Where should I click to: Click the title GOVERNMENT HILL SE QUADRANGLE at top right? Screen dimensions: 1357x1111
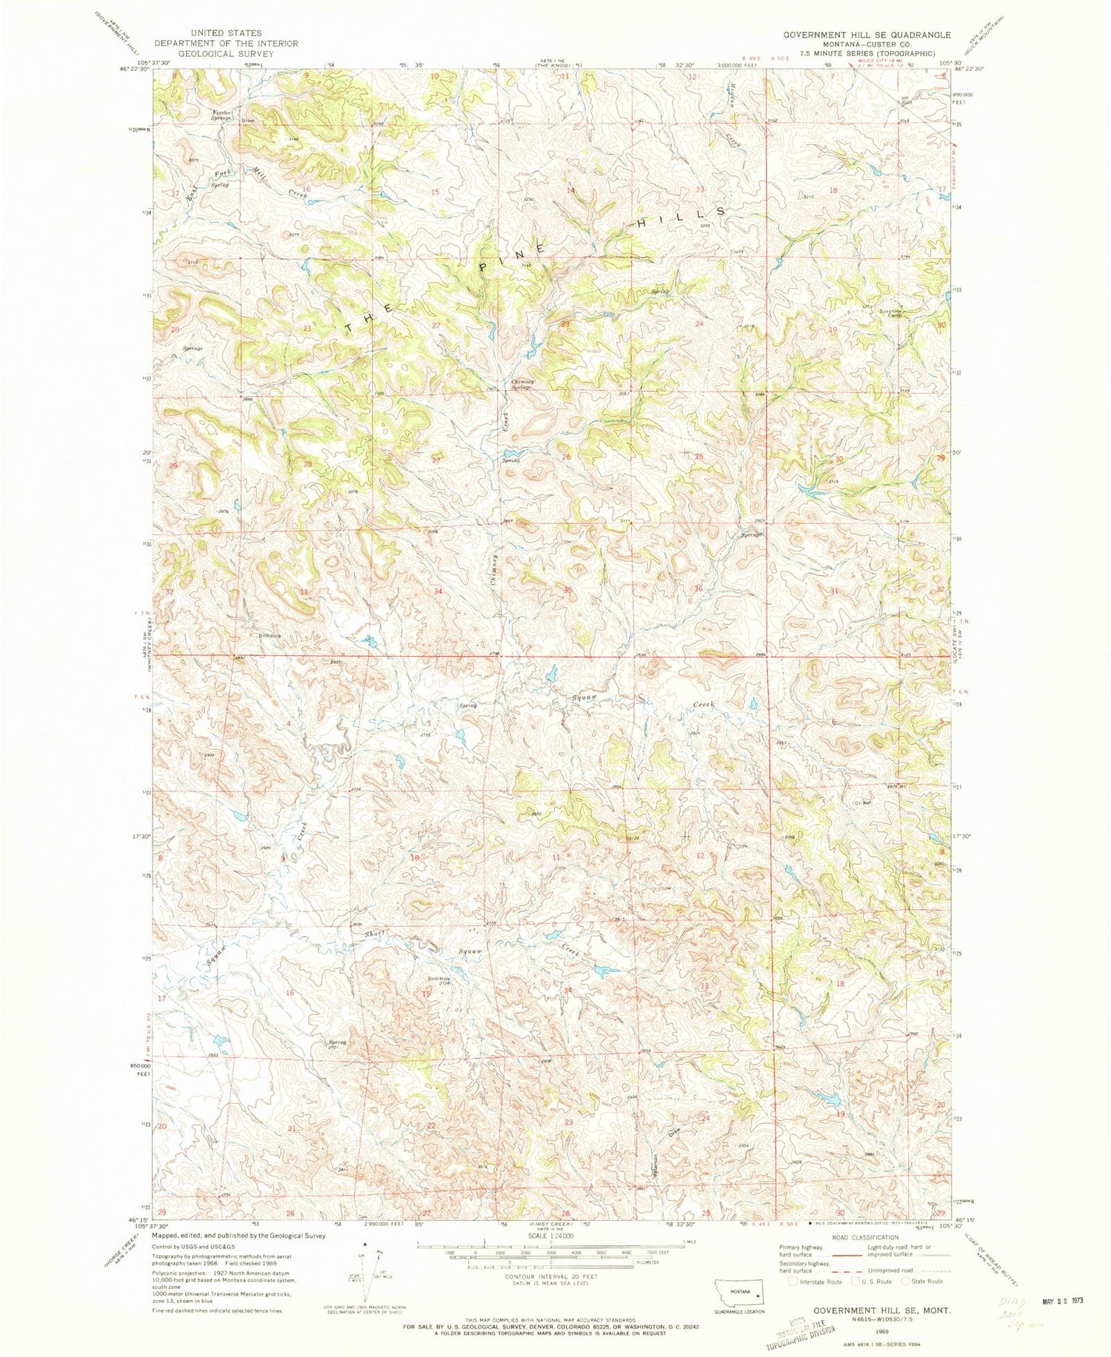coord(867,34)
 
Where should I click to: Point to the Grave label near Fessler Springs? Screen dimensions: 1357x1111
coord(247,121)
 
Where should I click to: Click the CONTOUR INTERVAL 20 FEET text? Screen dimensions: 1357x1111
coord(550,1276)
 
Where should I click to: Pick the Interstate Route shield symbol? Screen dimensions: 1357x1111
coord(793,1281)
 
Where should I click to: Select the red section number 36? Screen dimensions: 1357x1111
coord(698,589)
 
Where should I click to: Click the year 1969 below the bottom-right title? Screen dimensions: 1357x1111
coord(882,1322)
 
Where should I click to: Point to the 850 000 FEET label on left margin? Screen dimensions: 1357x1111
coord(141,1070)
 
